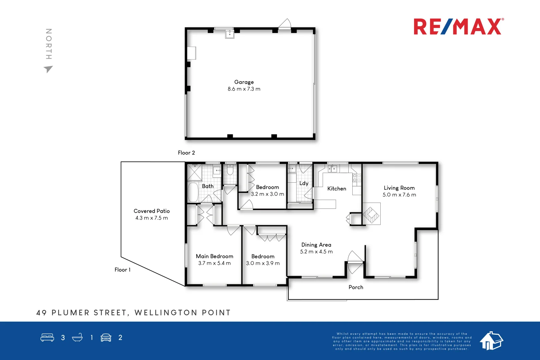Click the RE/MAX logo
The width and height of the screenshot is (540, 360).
[458, 27]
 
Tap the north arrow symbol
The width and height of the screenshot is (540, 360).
[48, 69]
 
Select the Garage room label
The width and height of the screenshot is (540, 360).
[244, 82]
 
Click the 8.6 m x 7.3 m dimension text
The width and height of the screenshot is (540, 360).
[244, 89]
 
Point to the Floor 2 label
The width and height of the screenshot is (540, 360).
[186, 153]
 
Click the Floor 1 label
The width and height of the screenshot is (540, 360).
[122, 270]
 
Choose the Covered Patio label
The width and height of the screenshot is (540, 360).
[152, 211]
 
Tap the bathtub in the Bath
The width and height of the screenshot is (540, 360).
[193, 192]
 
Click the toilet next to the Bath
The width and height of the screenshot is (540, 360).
[230, 170]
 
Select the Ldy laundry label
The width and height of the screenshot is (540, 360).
[304, 183]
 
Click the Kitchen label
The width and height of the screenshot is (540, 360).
[337, 189]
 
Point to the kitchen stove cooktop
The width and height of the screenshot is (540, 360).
[357, 178]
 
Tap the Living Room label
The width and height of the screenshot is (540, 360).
[399, 188]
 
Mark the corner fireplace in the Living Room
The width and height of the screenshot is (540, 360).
[371, 214]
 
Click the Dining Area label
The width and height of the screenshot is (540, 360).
[316, 245]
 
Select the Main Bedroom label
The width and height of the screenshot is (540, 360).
[214, 256]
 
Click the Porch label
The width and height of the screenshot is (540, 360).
[356, 287]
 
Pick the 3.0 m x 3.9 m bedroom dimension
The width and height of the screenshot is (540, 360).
[263, 263]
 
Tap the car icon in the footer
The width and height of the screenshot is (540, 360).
[106, 338]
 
